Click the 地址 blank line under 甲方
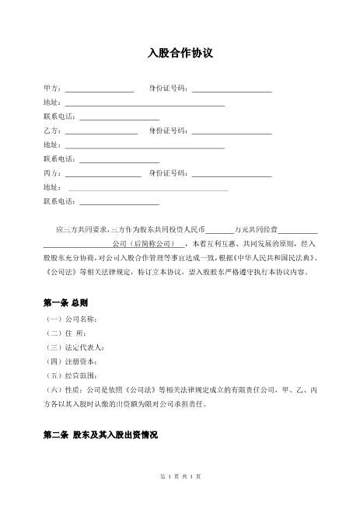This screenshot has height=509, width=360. point(145,103)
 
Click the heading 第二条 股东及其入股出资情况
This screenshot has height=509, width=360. point(100,437)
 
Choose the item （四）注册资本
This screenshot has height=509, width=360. point(71,361)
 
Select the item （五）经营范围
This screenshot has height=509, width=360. point(71,375)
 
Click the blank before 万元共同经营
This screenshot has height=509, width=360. point(219,231)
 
